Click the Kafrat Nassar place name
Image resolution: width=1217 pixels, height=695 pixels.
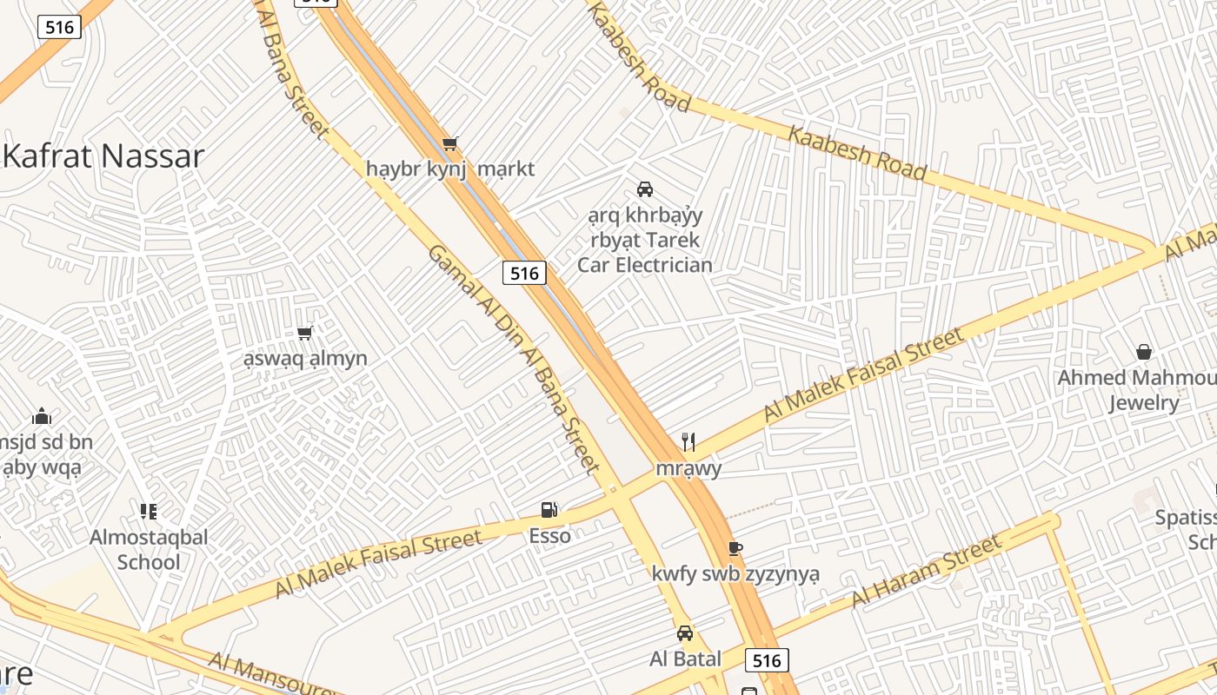tap(104, 156)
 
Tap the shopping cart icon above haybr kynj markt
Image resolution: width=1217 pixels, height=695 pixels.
tap(449, 143)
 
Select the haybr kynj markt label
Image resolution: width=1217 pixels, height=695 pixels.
tap(450, 169)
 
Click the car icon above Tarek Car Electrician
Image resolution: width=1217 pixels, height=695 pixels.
tap(645, 189)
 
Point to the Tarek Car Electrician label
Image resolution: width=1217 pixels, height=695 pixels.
tap(645, 240)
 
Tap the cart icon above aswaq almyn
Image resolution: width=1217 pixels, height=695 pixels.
tap(305, 333)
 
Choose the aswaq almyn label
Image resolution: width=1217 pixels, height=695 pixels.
tap(305, 358)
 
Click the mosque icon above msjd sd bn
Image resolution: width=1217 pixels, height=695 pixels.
tap(42, 417)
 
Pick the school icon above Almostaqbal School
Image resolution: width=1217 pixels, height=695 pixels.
tap(149, 511)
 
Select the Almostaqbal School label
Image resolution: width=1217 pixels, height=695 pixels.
tap(149, 549)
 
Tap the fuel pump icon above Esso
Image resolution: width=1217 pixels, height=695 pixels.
tap(549, 510)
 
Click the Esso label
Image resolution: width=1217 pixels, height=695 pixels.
tap(549, 535)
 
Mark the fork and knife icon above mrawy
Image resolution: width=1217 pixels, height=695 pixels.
tap(688, 442)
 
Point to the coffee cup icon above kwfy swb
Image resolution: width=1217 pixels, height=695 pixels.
tap(735, 548)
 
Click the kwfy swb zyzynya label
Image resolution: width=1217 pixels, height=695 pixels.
tap(735, 574)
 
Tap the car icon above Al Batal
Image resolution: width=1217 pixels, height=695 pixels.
tap(685, 633)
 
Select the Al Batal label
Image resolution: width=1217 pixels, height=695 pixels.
tap(685, 659)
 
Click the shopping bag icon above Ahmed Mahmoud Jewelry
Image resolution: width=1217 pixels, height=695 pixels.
tap(1144, 352)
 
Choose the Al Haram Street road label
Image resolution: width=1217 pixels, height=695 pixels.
tap(927, 572)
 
